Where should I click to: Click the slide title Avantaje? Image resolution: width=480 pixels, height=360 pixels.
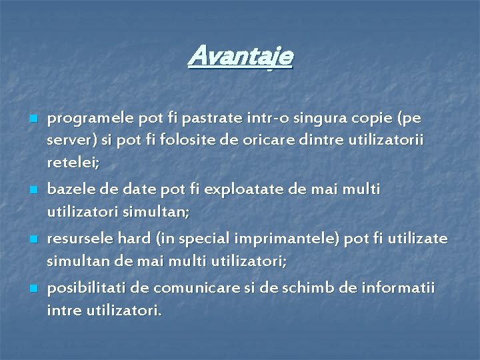click(240, 57)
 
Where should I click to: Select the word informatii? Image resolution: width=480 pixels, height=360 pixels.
click(399, 289)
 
